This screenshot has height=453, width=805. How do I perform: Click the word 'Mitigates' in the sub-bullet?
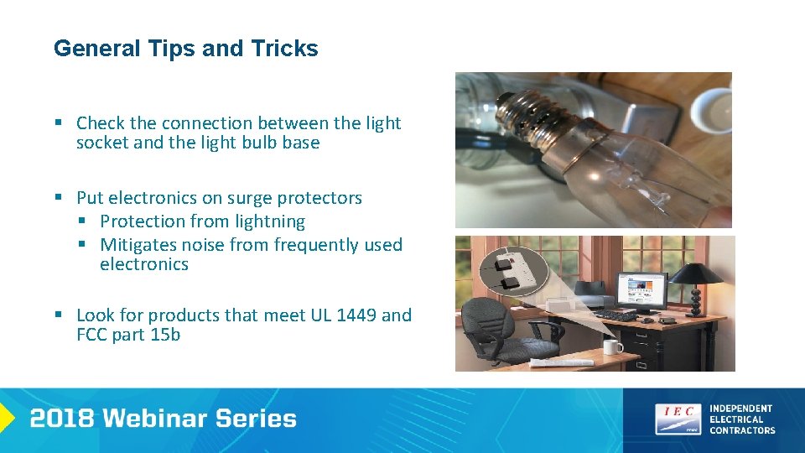pyautogui.click(x=135, y=245)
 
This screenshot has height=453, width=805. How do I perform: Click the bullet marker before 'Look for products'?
pyautogui.click(x=59, y=315)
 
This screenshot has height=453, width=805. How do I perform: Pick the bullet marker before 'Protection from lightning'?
pyautogui.click(x=82, y=221)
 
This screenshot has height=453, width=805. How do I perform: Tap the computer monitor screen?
pyautogui.click(x=641, y=289)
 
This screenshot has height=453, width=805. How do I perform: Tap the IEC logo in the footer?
pyautogui.click(x=678, y=419)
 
